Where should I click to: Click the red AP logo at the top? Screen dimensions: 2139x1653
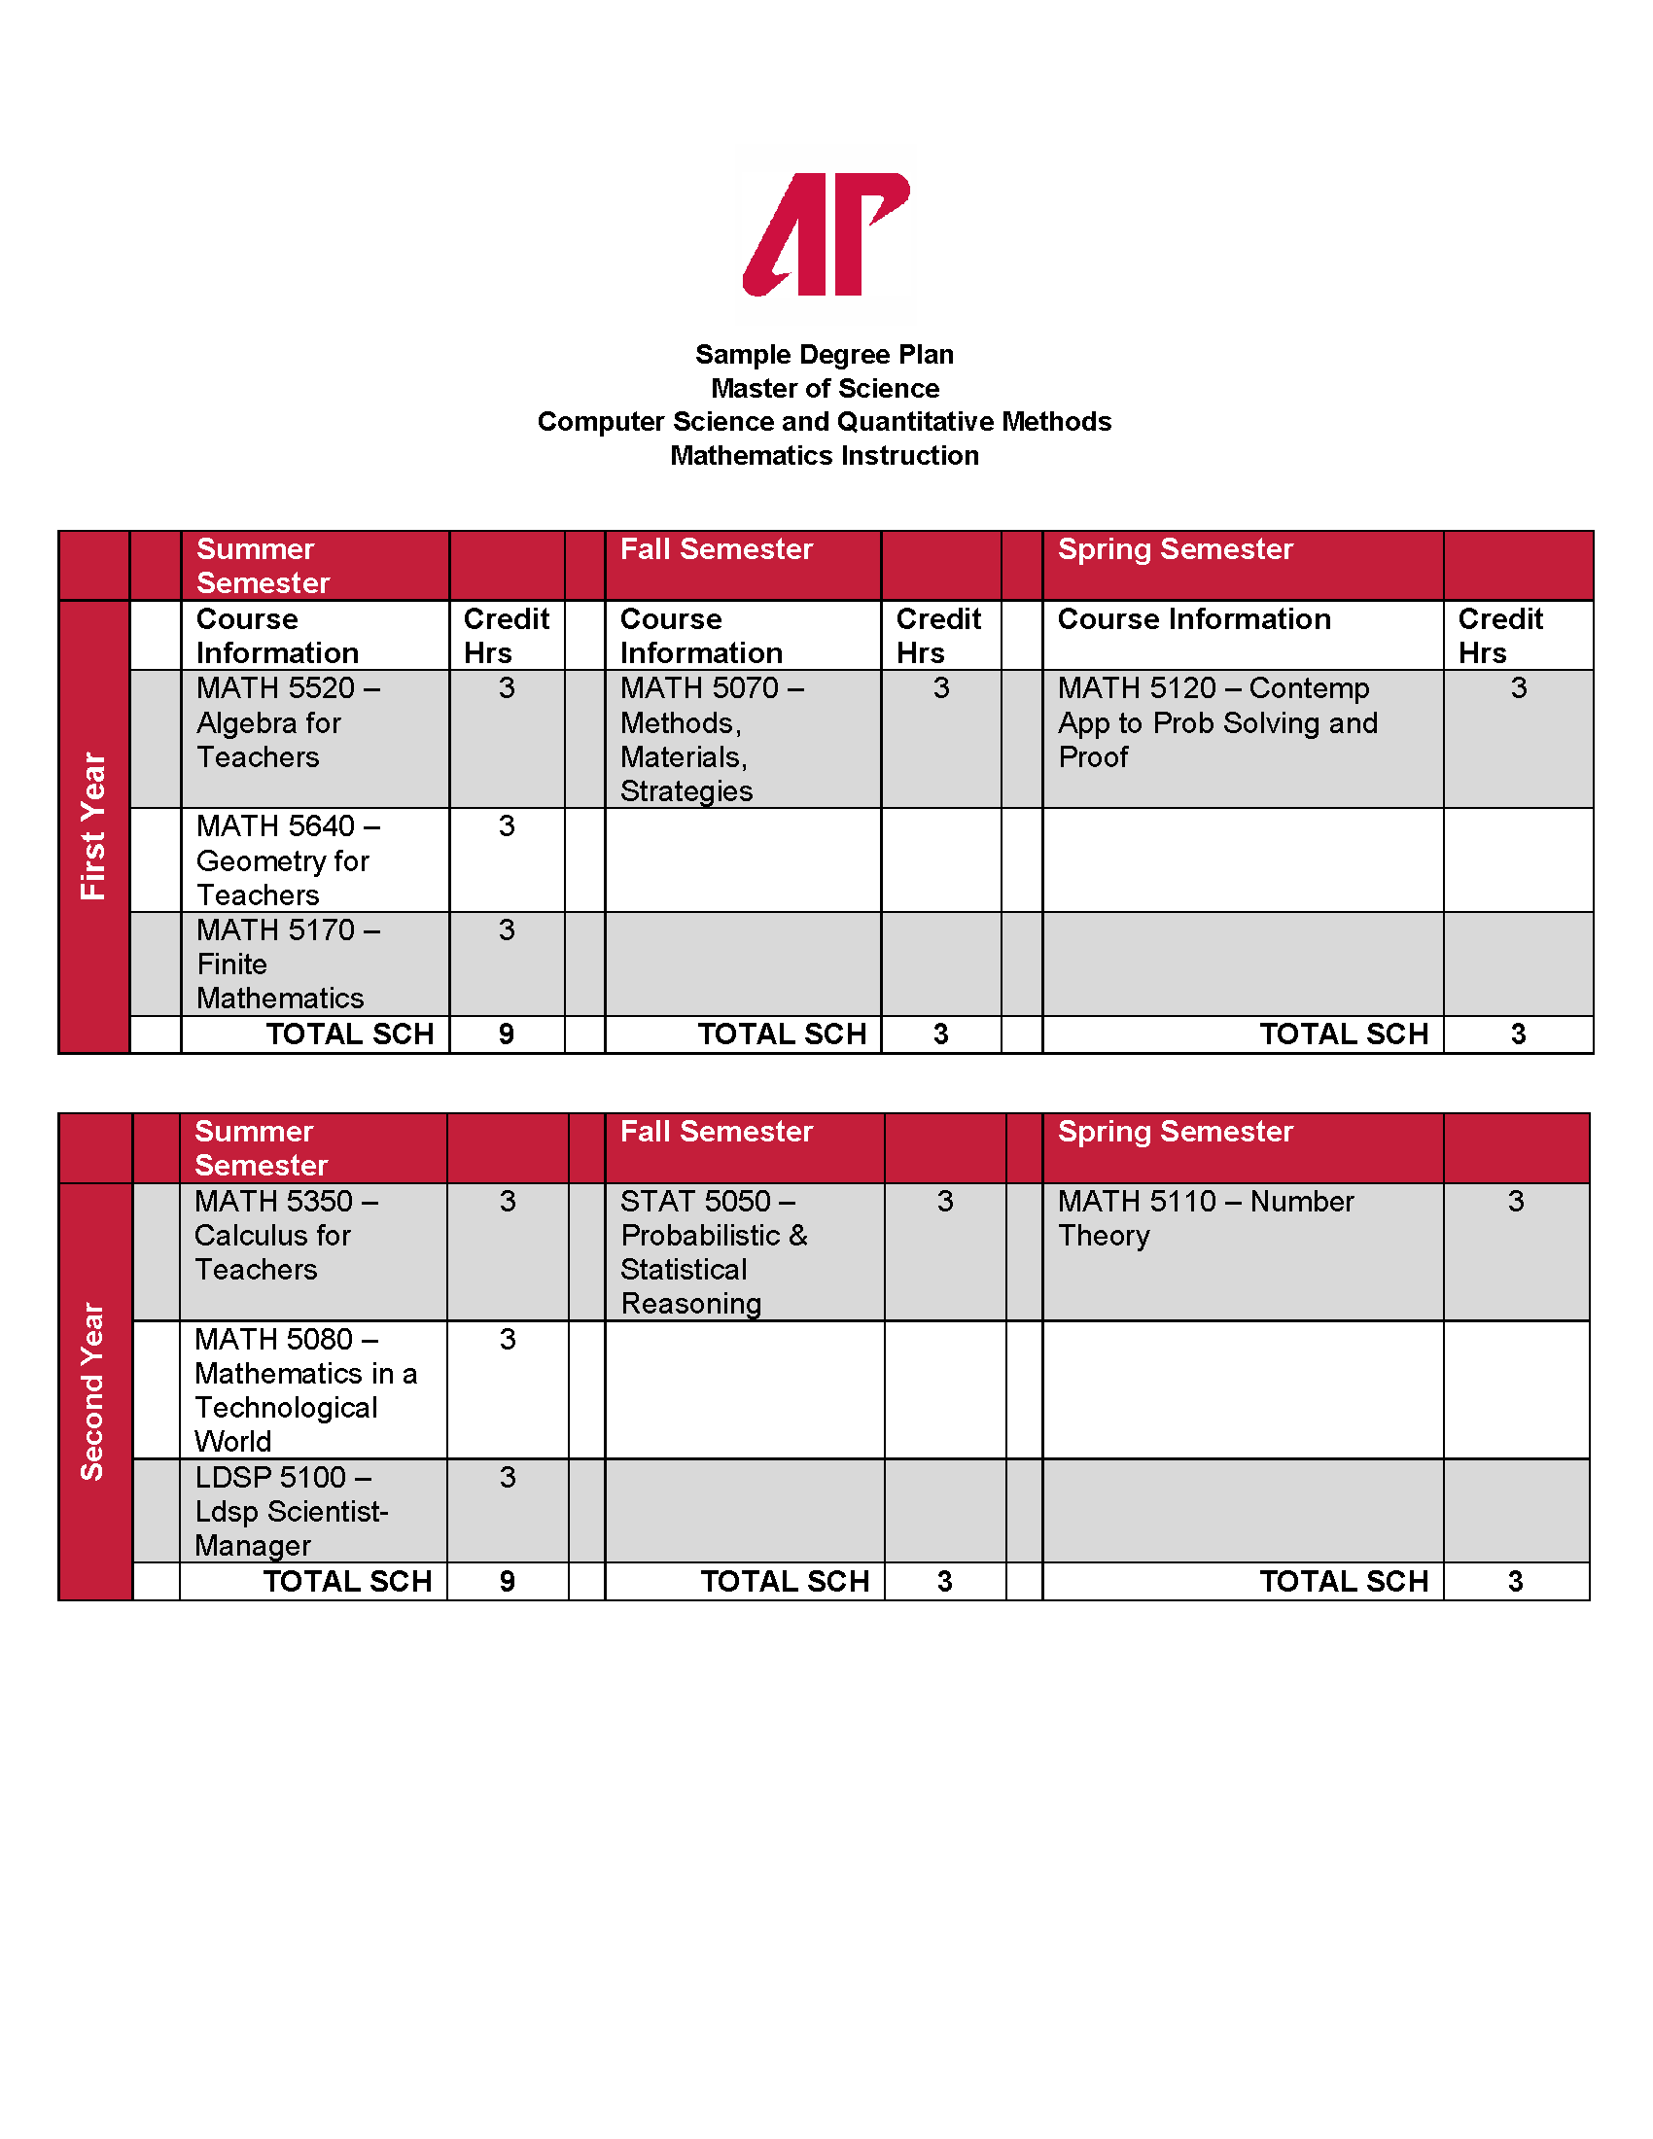(x=826, y=234)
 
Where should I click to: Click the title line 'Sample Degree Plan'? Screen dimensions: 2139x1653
(x=825, y=355)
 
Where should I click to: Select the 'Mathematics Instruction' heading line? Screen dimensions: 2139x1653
(x=825, y=455)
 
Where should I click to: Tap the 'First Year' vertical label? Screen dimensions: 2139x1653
(x=93, y=825)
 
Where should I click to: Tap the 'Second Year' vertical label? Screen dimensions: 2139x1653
(x=93, y=1390)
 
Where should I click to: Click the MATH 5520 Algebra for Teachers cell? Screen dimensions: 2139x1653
(x=288, y=722)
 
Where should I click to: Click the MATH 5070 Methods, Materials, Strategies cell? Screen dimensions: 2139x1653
(x=712, y=740)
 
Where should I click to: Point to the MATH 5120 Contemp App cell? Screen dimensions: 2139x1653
(x=1217, y=722)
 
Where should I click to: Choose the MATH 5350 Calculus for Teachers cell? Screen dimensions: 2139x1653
(x=286, y=1235)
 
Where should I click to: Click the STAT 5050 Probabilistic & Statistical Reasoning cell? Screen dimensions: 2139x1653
(x=714, y=1251)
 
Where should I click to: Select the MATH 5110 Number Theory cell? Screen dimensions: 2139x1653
(x=1206, y=1218)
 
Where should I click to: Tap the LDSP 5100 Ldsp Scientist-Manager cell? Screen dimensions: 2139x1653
(x=292, y=1510)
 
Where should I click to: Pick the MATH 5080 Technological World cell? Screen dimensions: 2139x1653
(x=304, y=1389)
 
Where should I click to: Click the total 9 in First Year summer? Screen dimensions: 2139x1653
(x=507, y=1034)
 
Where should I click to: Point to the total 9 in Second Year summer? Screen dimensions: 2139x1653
(x=508, y=1581)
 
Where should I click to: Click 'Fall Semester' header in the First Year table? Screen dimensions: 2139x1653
(x=717, y=549)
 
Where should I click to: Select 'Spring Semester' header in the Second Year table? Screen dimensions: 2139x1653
(x=1176, y=1131)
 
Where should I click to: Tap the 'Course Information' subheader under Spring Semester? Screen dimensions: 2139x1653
(x=1194, y=619)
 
